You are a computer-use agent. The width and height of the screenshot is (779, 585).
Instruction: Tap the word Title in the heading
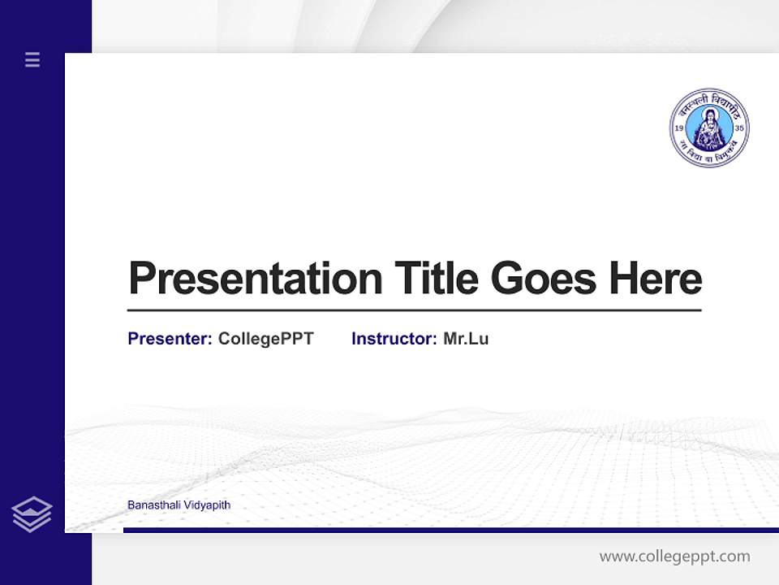(x=437, y=278)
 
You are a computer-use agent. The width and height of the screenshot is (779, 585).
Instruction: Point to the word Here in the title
(x=656, y=278)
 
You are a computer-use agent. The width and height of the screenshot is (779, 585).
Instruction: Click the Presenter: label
(x=170, y=339)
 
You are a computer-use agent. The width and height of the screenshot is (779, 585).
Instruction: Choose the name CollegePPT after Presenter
(x=265, y=339)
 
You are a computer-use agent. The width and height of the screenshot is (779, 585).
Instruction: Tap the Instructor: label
(x=394, y=339)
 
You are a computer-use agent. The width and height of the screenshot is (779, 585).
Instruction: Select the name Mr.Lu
(x=466, y=339)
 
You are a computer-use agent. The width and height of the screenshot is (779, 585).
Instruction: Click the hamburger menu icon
(x=32, y=59)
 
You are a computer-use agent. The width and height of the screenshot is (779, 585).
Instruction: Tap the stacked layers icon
(x=32, y=514)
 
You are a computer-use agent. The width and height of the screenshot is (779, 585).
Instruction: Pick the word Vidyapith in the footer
(x=208, y=505)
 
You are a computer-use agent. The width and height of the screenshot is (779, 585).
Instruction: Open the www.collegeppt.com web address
(x=674, y=557)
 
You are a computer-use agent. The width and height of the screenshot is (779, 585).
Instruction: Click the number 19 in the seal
(x=679, y=129)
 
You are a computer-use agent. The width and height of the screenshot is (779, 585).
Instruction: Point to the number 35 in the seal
(x=738, y=129)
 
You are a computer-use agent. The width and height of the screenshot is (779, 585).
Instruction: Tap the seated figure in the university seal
(x=709, y=130)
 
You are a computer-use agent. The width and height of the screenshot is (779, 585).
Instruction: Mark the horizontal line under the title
(x=414, y=310)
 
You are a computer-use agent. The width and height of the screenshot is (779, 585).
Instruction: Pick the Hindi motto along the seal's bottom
(x=709, y=156)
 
